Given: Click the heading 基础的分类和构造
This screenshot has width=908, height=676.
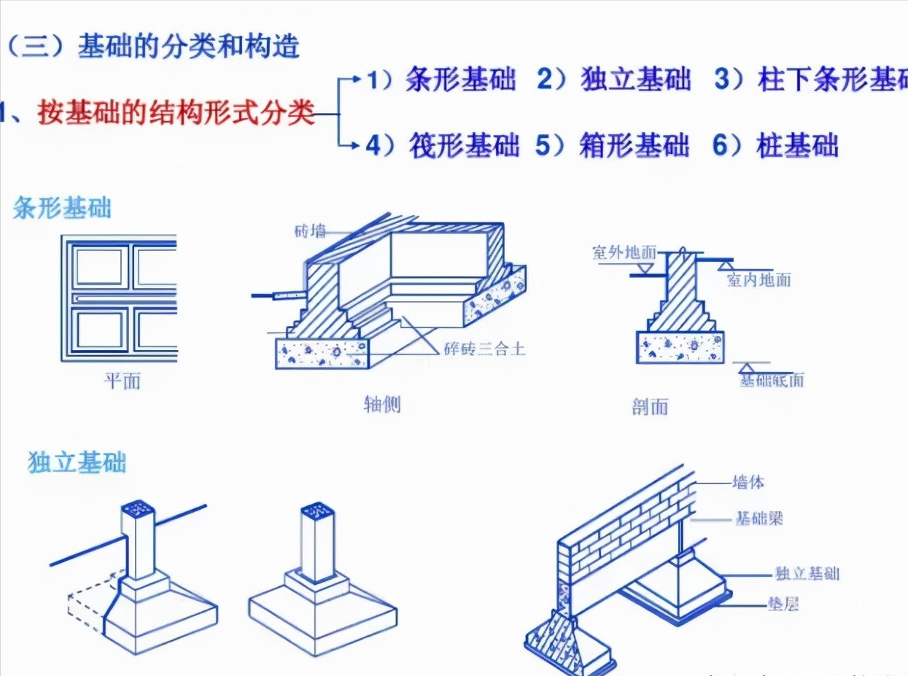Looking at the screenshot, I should tap(188, 47).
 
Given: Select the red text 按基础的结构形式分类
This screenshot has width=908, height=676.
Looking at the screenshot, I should tap(175, 114).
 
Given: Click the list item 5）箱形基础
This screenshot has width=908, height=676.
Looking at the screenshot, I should tap(613, 145).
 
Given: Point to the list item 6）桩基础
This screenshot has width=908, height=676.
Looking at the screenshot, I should tap(775, 145).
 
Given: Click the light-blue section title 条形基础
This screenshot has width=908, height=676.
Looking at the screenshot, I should tap(62, 209).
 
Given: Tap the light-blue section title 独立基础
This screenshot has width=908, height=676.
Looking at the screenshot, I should tap(77, 462).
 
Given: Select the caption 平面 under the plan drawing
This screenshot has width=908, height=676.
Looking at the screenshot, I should tap(122, 381).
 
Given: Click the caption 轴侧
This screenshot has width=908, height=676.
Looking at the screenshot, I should tap(382, 403).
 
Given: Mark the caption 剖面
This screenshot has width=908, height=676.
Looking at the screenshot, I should tap(649, 406).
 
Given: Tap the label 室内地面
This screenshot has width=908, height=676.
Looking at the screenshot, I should tap(758, 279).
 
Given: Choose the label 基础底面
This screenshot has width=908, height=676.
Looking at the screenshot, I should tap(772, 380).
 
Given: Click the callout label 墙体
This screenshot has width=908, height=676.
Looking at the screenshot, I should tap(748, 483).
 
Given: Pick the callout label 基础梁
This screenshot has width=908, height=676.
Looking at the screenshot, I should tap(758, 519).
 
